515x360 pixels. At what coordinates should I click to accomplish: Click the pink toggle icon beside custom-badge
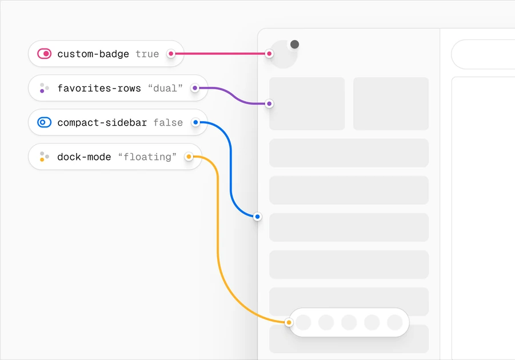point(45,54)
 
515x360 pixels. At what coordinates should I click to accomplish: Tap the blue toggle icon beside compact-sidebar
point(45,122)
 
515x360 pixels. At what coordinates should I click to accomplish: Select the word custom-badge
point(93,54)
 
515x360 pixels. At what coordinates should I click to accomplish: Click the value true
point(147,54)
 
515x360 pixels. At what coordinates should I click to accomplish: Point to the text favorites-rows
point(99,88)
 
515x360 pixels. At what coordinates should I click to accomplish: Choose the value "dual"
point(165,88)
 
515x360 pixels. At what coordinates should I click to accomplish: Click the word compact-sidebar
point(102,122)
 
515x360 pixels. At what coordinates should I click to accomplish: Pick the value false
point(168,122)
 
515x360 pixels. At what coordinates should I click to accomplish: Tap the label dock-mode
point(84,157)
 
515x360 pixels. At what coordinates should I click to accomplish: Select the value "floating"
point(147,157)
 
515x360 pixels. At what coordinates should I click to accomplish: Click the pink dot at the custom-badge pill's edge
point(171,54)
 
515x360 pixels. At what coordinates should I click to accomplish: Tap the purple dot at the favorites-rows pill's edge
point(195,88)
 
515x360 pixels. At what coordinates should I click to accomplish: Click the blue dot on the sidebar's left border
point(257,217)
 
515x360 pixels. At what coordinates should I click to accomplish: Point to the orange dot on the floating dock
point(289,322)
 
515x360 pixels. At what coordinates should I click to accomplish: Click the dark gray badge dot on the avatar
point(294,45)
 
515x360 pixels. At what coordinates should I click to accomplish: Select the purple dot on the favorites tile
point(269,104)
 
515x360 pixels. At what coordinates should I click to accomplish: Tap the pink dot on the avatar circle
point(269,54)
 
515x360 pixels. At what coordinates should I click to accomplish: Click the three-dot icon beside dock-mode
point(44,157)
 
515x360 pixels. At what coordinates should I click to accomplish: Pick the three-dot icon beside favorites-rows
point(44,88)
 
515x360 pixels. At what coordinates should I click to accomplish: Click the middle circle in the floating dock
point(349,322)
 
